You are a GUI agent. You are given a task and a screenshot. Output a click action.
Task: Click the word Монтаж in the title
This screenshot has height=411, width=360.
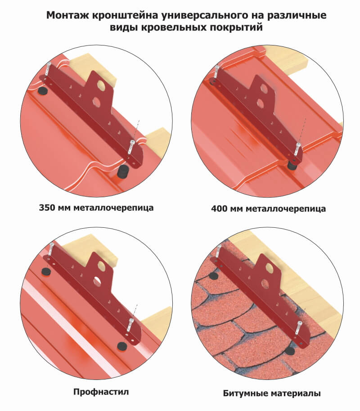click(x=68, y=15)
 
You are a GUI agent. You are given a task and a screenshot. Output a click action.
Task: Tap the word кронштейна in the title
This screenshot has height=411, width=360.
click(x=125, y=16)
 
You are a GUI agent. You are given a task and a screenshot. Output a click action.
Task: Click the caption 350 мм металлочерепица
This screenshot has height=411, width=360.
click(x=96, y=208)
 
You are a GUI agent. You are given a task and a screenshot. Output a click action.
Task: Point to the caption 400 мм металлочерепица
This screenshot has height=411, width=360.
click(x=268, y=208)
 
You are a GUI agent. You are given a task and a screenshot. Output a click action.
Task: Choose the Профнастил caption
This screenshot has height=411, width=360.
click(x=101, y=392)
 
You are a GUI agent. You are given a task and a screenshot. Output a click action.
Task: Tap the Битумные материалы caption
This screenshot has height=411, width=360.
click(x=272, y=393)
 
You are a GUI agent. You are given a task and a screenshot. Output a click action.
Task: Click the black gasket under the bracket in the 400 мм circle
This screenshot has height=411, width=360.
click(x=292, y=165)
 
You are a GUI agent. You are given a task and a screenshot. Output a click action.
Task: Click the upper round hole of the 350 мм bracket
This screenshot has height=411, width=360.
click(x=101, y=85)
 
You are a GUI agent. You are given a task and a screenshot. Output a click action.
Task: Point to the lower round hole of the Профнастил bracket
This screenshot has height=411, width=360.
click(x=97, y=281)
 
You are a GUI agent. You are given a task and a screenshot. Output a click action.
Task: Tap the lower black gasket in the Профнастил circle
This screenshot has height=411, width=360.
click(x=121, y=346)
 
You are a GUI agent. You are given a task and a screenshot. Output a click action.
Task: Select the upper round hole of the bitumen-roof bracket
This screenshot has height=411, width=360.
click(x=270, y=268)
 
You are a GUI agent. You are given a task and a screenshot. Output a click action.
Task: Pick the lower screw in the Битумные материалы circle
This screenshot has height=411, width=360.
click(x=299, y=328)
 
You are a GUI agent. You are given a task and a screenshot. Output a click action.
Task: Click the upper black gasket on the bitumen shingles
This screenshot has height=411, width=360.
click(x=213, y=276)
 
